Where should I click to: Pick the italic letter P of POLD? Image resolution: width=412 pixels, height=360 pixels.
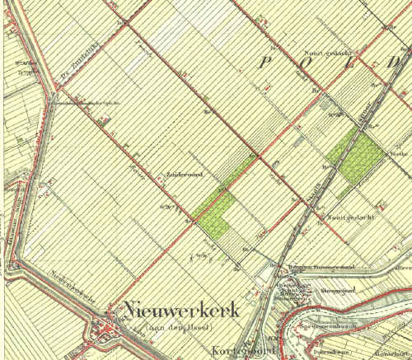[268, 62]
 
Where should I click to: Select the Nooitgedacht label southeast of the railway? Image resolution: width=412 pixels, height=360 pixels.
[351, 217]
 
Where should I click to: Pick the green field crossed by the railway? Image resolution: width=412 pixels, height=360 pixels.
[355, 157]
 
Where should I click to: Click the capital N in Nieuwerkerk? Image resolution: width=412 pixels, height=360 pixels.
[132, 311]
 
